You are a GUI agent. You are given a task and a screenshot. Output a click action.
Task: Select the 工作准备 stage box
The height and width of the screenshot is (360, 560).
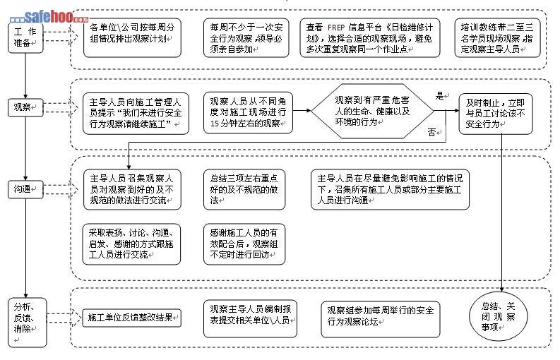coord(25,37)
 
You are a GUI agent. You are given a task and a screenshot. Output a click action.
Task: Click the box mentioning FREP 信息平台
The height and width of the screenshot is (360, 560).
coord(367,37)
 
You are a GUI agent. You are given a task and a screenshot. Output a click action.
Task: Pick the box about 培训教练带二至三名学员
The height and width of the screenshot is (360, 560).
coord(496,37)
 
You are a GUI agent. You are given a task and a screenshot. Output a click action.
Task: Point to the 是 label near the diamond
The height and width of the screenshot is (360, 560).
coord(439,95)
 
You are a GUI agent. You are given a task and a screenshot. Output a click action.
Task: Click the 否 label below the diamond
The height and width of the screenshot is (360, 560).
coord(431,132)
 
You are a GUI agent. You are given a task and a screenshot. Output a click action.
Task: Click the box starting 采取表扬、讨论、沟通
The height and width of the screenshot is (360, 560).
coord(131,243)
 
